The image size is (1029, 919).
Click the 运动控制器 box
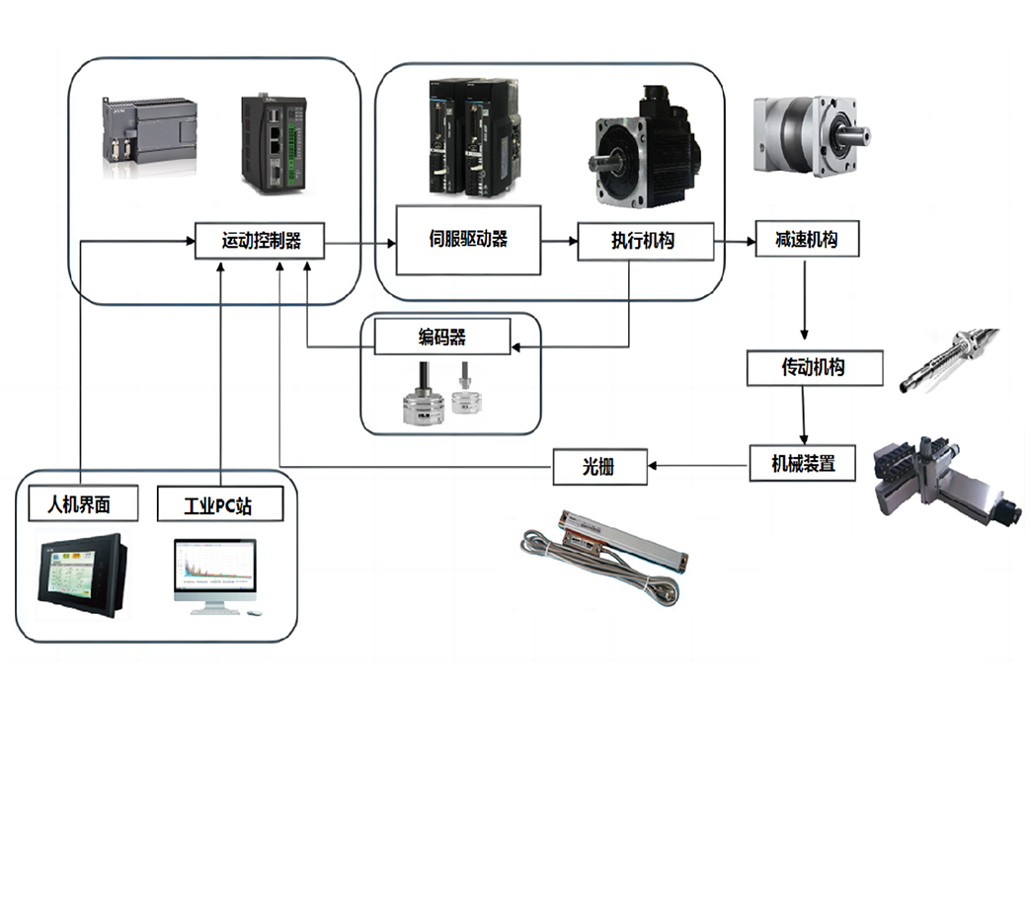(260, 241)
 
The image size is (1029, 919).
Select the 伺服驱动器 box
(468, 240)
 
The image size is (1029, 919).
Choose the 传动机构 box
(813, 367)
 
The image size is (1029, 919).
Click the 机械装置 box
(803, 463)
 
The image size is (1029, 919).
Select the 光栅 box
(599, 466)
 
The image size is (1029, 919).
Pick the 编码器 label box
(441, 338)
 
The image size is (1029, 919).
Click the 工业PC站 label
(219, 505)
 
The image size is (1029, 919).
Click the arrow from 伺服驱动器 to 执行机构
(559, 241)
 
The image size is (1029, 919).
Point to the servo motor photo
(646, 148)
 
